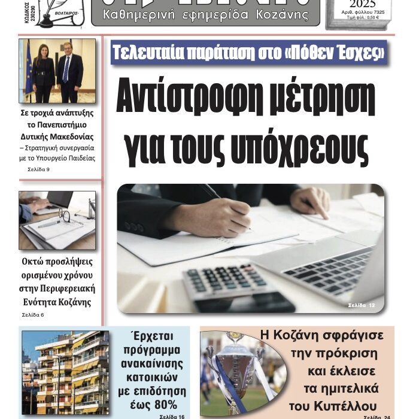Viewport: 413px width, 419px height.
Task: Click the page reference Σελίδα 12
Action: [362, 306]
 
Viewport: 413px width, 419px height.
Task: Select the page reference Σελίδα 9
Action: [38, 169]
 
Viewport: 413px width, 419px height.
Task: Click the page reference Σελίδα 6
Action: [33, 315]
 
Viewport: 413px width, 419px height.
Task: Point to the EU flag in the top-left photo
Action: [28, 69]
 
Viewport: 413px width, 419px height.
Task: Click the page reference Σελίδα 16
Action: [172, 415]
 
